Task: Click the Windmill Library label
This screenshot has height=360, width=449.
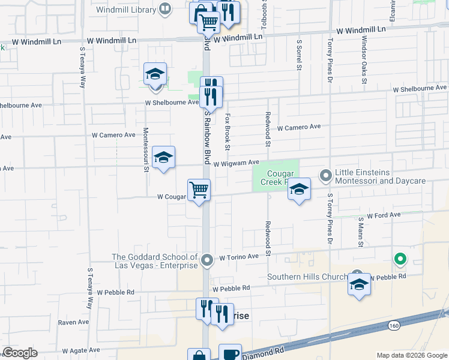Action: (125, 9)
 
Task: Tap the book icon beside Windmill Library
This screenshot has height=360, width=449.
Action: (164, 9)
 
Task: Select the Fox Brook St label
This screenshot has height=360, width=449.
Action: (228, 133)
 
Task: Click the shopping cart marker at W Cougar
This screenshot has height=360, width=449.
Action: (199, 190)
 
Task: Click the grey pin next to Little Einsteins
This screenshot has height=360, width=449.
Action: (326, 176)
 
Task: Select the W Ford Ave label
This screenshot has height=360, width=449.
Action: (384, 215)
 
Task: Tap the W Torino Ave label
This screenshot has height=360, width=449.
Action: (238, 257)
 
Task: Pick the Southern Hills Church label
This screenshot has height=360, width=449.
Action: (307, 277)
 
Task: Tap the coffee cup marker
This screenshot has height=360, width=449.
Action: (229, 353)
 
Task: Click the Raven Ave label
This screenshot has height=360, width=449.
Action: (74, 322)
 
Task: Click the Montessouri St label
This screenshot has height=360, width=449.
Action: (146, 149)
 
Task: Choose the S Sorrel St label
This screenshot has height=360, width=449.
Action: (299, 55)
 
